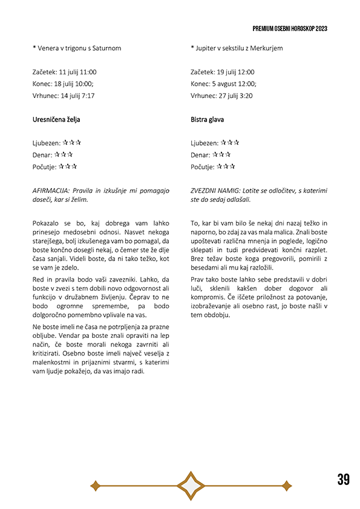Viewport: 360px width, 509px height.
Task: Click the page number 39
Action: pyautogui.click(x=343, y=479)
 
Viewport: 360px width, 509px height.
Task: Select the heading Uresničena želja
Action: pyautogui.click(x=56, y=120)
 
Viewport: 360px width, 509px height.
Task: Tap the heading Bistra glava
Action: pyautogui.click(x=207, y=120)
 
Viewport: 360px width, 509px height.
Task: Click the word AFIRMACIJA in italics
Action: pyautogui.click(x=54, y=190)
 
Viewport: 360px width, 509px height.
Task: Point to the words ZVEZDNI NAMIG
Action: pyautogui.click(x=214, y=190)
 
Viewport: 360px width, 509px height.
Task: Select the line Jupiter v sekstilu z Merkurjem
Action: pyautogui.click(x=238, y=48)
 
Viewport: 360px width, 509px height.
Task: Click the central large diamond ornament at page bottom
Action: pyautogui.click(x=191, y=485)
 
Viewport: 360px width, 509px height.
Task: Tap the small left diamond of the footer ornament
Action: pyautogui.click(x=95, y=485)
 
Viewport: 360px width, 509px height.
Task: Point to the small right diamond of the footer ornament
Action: pyautogui.click(x=286, y=485)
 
